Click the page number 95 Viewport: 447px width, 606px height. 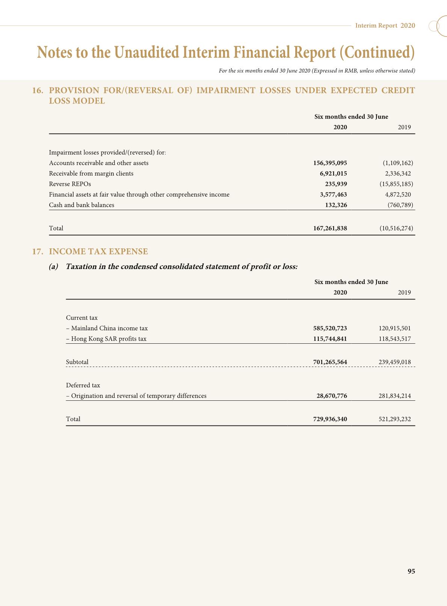pos(411,571)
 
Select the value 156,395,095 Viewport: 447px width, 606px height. pos(330,163)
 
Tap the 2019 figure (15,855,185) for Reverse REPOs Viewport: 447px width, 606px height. pos(396,184)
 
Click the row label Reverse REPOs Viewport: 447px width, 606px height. pos(70,184)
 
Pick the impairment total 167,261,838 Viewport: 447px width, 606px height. pos(330,228)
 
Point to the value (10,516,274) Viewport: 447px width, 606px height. pos(396,228)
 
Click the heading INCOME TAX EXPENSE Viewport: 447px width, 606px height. pos(98,251)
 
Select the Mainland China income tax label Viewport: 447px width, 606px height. pos(107,328)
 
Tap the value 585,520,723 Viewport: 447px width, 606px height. pos(330,328)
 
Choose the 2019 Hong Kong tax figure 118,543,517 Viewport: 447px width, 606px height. pos(395,339)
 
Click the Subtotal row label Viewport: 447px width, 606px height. pos(77,362)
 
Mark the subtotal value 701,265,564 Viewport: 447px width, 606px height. pos(330,362)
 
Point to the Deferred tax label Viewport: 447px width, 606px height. pos(83,385)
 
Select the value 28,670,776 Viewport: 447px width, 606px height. pos(332,396)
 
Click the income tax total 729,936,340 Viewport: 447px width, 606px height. pos(330,419)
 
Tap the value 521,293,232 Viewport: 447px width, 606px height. pos(395,419)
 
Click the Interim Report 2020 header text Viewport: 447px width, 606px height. pos(385,26)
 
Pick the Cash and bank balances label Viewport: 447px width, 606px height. pos(82,205)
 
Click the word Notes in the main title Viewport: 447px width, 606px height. pos(55,52)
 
